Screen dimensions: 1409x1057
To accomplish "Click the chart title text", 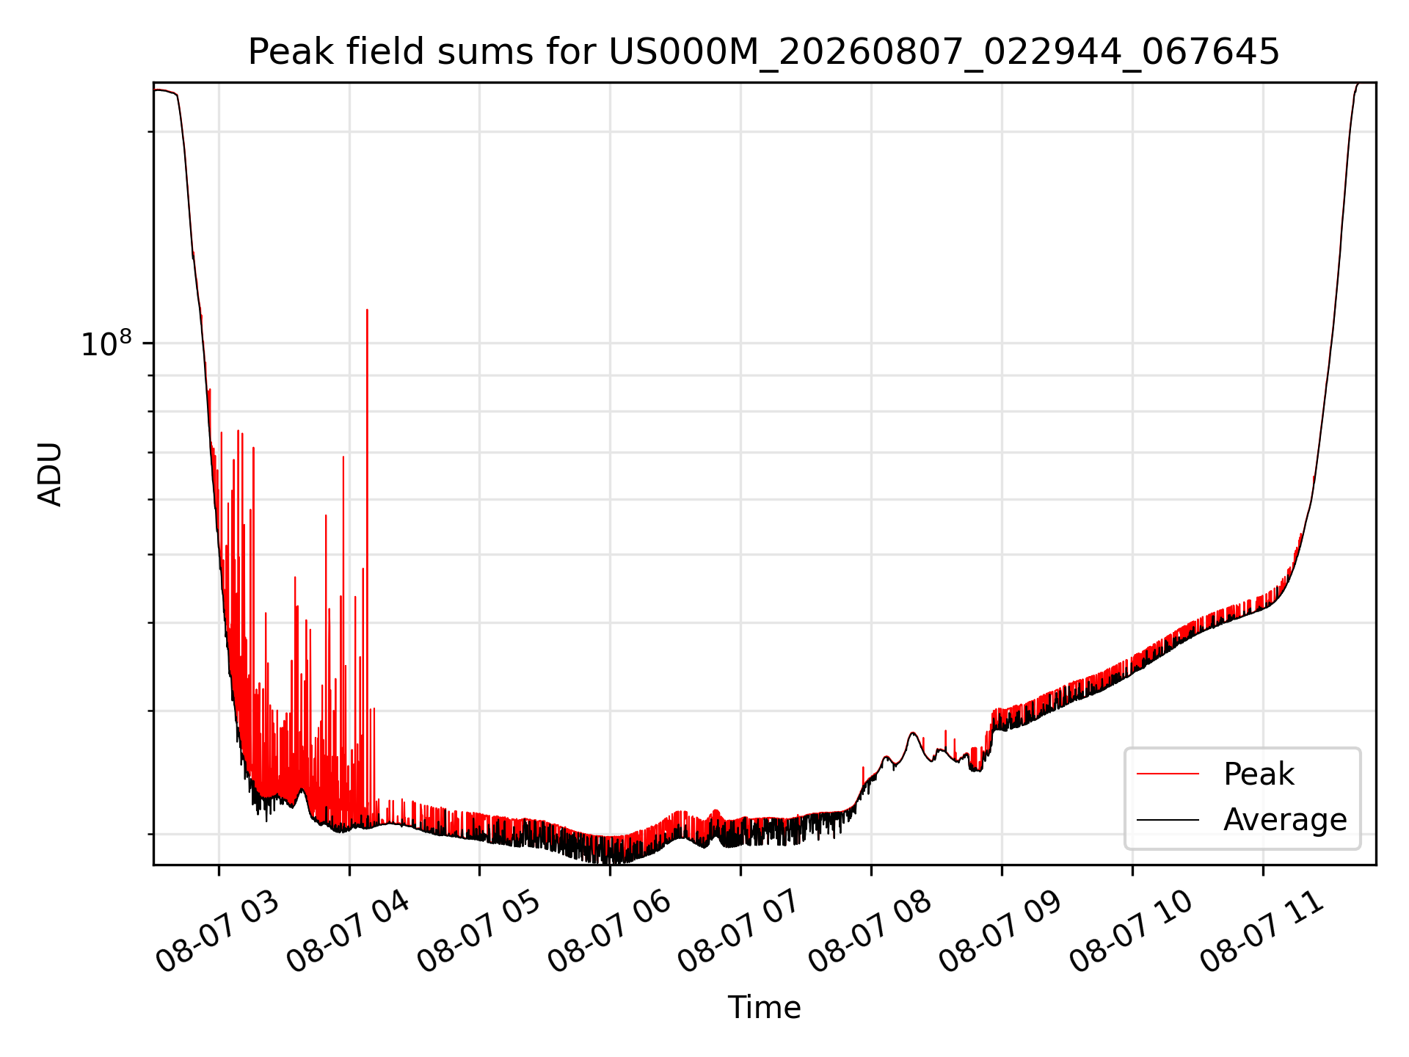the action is (764, 51).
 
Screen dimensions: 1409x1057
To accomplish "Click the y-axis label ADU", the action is (50, 474).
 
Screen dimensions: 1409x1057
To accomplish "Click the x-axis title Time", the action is (764, 1007).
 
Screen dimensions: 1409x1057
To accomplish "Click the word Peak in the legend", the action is (1259, 774).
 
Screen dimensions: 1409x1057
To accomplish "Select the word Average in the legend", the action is (1285, 819).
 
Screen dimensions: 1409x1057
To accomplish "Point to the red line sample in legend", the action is (1168, 774).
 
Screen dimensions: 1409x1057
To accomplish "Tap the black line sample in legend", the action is (1168, 819).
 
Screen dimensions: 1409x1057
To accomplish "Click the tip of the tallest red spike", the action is (367, 310).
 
